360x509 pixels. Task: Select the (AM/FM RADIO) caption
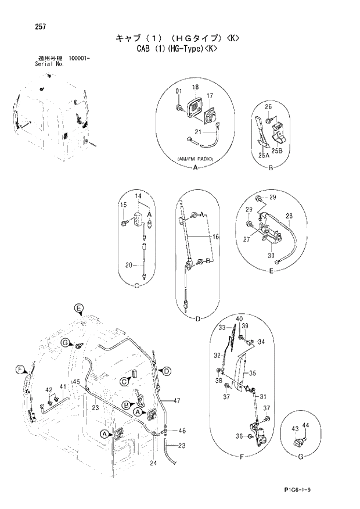click(193, 159)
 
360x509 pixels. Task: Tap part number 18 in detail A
click(195, 87)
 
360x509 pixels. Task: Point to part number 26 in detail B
click(268, 106)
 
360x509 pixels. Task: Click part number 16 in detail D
click(215, 236)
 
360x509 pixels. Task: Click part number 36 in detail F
click(239, 436)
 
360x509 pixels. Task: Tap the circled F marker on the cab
click(19, 370)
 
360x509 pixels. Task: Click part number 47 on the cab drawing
click(177, 401)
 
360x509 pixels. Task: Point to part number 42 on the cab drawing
click(49, 389)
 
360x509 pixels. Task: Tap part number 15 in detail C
click(123, 205)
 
